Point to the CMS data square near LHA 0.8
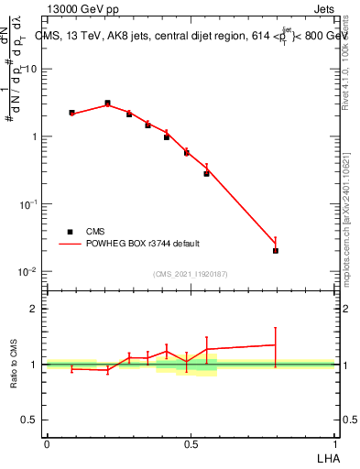276,250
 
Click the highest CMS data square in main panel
107,104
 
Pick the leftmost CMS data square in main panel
71,113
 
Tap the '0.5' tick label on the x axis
191,442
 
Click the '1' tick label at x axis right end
334,442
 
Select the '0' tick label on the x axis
47,442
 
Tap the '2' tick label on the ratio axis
33,309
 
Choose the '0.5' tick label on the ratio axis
29,420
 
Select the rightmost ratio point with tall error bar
275,345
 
